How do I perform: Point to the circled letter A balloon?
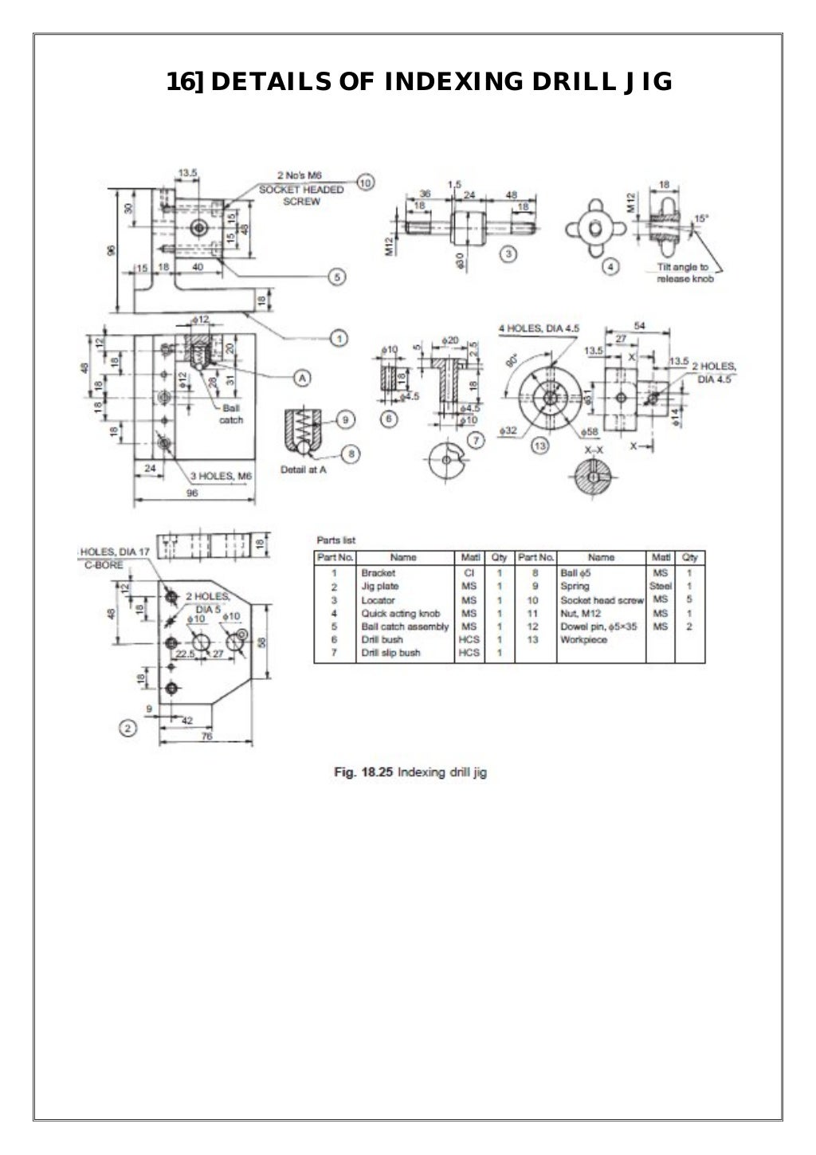302,377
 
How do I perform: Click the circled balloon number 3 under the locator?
510,253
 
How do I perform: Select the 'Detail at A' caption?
304,469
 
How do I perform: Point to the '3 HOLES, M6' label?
220,476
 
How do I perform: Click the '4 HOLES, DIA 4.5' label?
539,328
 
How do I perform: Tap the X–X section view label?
593,450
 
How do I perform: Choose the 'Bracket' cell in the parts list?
378,572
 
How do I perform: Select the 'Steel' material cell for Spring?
660,586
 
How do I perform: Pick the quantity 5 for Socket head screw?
688,599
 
